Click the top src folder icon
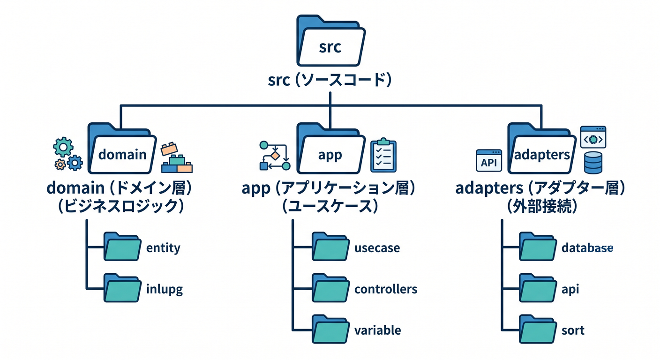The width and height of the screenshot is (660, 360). pyautogui.click(x=331, y=41)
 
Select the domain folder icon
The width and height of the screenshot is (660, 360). pyautogui.click(x=122, y=148)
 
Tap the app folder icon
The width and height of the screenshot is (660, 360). pyautogui.click(x=331, y=148)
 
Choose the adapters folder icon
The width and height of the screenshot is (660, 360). pyautogui.click(x=541, y=148)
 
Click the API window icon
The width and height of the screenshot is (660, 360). pyautogui.click(x=489, y=161)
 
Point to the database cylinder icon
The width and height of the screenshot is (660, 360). pyautogui.click(x=593, y=163)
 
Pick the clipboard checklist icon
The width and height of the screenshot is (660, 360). pyautogui.click(x=383, y=155)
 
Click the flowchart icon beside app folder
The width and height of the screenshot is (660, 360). pyautogui.click(x=275, y=156)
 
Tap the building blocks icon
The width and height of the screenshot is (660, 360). pyautogui.click(x=177, y=157)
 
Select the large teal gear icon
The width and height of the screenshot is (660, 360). pyautogui.click(x=63, y=147)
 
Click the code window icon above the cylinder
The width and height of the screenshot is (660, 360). pyautogui.click(x=593, y=137)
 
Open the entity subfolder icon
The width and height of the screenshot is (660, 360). pyautogui.click(x=122, y=247)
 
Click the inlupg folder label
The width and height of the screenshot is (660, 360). pyautogui.click(x=165, y=290)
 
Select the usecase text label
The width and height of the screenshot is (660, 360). pyautogui.click(x=377, y=248)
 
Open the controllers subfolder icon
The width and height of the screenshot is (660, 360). pyautogui.click(x=331, y=288)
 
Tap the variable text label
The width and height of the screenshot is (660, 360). pyautogui.click(x=377, y=330)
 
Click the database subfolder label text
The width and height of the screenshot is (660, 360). pyautogui.click(x=587, y=248)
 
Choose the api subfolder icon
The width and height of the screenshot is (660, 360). pyautogui.click(x=538, y=288)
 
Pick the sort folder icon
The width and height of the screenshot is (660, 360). pyautogui.click(x=538, y=329)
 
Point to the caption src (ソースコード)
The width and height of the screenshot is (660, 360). pyautogui.click(x=330, y=80)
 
